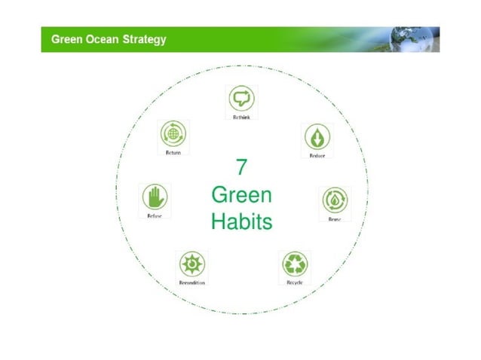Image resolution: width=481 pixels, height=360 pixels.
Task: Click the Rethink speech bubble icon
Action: click(241, 98)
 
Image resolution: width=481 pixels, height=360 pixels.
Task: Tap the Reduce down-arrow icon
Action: click(317, 137)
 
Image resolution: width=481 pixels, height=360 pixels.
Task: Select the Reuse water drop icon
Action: click(334, 200)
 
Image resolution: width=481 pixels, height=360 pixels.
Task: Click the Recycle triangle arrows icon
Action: click(294, 264)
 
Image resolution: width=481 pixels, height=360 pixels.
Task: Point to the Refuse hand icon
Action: click(155, 197)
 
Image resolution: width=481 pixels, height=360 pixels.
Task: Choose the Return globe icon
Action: click(173, 133)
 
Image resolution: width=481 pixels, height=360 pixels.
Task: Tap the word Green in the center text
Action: click(241, 194)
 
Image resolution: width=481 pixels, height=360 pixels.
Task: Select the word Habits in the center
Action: click(241, 222)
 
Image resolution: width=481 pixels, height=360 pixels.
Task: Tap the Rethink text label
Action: click(241, 117)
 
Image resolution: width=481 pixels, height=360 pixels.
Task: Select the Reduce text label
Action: click(317, 155)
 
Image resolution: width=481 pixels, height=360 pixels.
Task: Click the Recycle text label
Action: click(294, 282)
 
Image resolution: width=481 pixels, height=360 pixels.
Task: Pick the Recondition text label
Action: click(191, 282)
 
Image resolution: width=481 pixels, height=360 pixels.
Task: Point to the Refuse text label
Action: click(155, 216)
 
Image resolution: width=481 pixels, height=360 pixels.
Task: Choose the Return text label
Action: click(173, 152)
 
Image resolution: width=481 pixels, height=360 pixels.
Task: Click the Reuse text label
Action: click(334, 219)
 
